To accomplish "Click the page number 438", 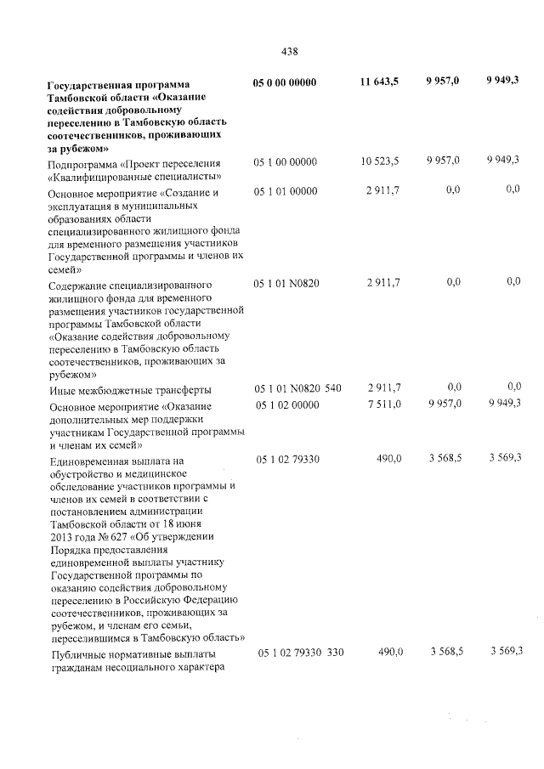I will click(289, 50).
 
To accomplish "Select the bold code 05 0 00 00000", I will click(285, 82).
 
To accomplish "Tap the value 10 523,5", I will click(379, 161).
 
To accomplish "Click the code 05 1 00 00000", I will click(286, 161).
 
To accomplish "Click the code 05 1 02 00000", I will click(286, 405).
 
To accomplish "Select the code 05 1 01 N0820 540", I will click(298, 388).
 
